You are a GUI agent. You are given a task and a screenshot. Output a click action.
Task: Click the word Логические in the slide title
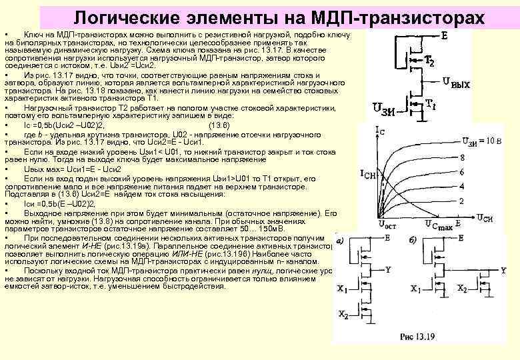pyautogui.click(x=131, y=17)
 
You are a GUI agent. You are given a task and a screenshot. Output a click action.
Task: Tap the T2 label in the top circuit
pyautogui.click(x=431, y=62)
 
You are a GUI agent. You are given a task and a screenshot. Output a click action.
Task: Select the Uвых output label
pyautogui.click(x=457, y=83)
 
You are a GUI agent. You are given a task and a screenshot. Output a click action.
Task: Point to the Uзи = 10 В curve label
pyautogui.click(x=480, y=141)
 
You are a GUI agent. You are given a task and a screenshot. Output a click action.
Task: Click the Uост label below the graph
pyautogui.click(x=387, y=225)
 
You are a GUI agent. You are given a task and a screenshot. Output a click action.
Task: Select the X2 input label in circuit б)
pyautogui.click(x=462, y=289)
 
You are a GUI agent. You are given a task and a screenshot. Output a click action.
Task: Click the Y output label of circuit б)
pyautogui.click(x=504, y=269)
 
